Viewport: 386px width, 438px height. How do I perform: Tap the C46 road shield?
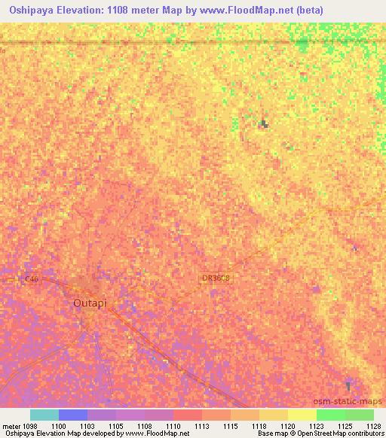[x=31, y=279]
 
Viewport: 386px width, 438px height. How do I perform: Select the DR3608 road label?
[x=216, y=278]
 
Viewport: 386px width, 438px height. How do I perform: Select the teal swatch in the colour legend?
[x=44, y=415]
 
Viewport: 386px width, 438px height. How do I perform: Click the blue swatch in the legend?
[x=73, y=415]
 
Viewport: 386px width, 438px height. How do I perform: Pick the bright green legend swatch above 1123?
[x=331, y=415]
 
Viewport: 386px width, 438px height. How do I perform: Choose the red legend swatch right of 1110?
[x=188, y=415]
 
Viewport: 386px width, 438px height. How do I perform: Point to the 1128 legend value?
[x=373, y=425]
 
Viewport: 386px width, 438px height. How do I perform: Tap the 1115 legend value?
[x=231, y=425]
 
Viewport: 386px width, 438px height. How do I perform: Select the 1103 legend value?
[x=87, y=425]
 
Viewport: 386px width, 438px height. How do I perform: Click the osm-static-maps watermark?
[x=348, y=401]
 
